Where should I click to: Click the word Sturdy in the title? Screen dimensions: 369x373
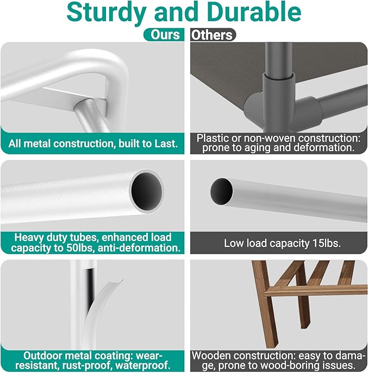tap(106, 13)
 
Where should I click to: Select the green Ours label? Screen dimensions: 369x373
tap(164, 35)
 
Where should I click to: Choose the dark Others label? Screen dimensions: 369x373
tap(213, 35)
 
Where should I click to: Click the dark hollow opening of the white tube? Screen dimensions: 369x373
tap(147, 191)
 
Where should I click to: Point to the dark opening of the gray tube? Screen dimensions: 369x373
tap(222, 191)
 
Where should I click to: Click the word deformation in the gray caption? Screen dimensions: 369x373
tap(324, 148)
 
